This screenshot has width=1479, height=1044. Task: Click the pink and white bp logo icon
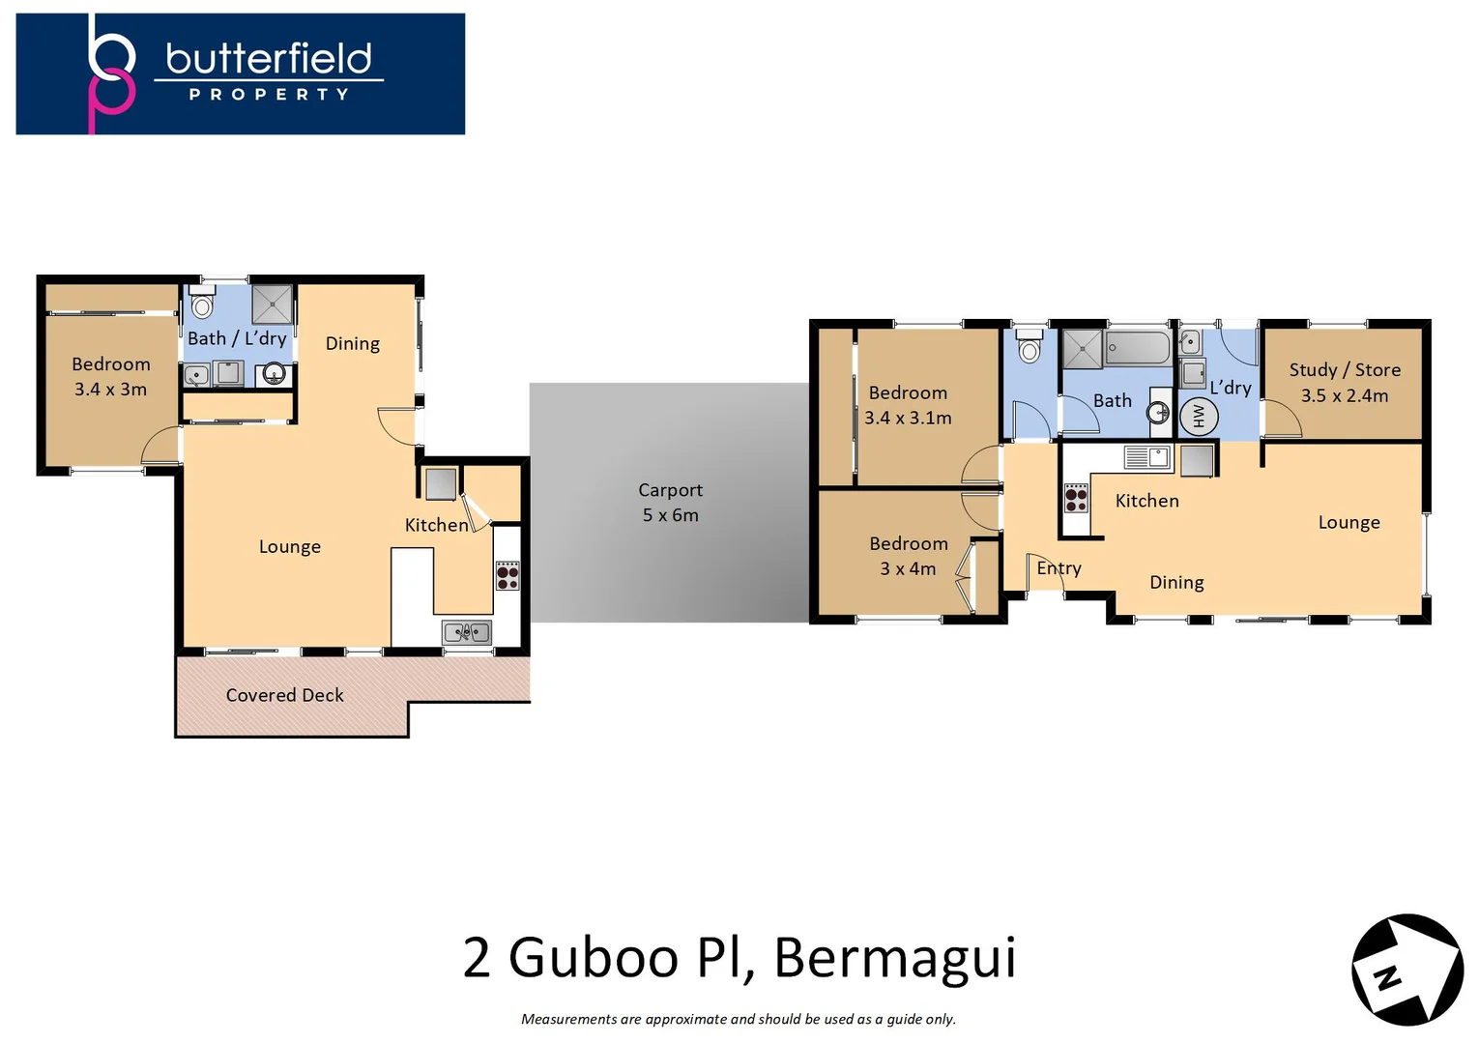(111, 73)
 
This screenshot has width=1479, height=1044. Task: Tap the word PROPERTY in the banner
(269, 95)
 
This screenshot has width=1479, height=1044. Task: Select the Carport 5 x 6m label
(670, 503)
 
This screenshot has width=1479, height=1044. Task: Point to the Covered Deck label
(284, 695)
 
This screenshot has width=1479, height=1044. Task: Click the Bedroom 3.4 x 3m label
(111, 376)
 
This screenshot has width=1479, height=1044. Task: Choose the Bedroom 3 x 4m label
(908, 556)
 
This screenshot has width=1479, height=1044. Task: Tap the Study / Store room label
(1344, 382)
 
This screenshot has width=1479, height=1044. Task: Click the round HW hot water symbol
(1199, 416)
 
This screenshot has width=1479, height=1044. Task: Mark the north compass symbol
(1406, 970)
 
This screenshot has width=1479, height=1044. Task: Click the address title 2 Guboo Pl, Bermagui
(739, 957)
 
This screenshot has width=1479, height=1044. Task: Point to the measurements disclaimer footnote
(739, 1019)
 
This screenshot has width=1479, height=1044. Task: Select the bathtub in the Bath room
(1138, 348)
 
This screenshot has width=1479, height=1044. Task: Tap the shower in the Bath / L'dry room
(272, 304)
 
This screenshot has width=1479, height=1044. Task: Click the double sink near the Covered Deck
(467, 632)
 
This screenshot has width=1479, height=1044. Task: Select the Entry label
(1058, 568)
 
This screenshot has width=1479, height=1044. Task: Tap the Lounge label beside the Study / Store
(1348, 522)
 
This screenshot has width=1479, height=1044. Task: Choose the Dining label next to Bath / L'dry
(352, 343)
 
